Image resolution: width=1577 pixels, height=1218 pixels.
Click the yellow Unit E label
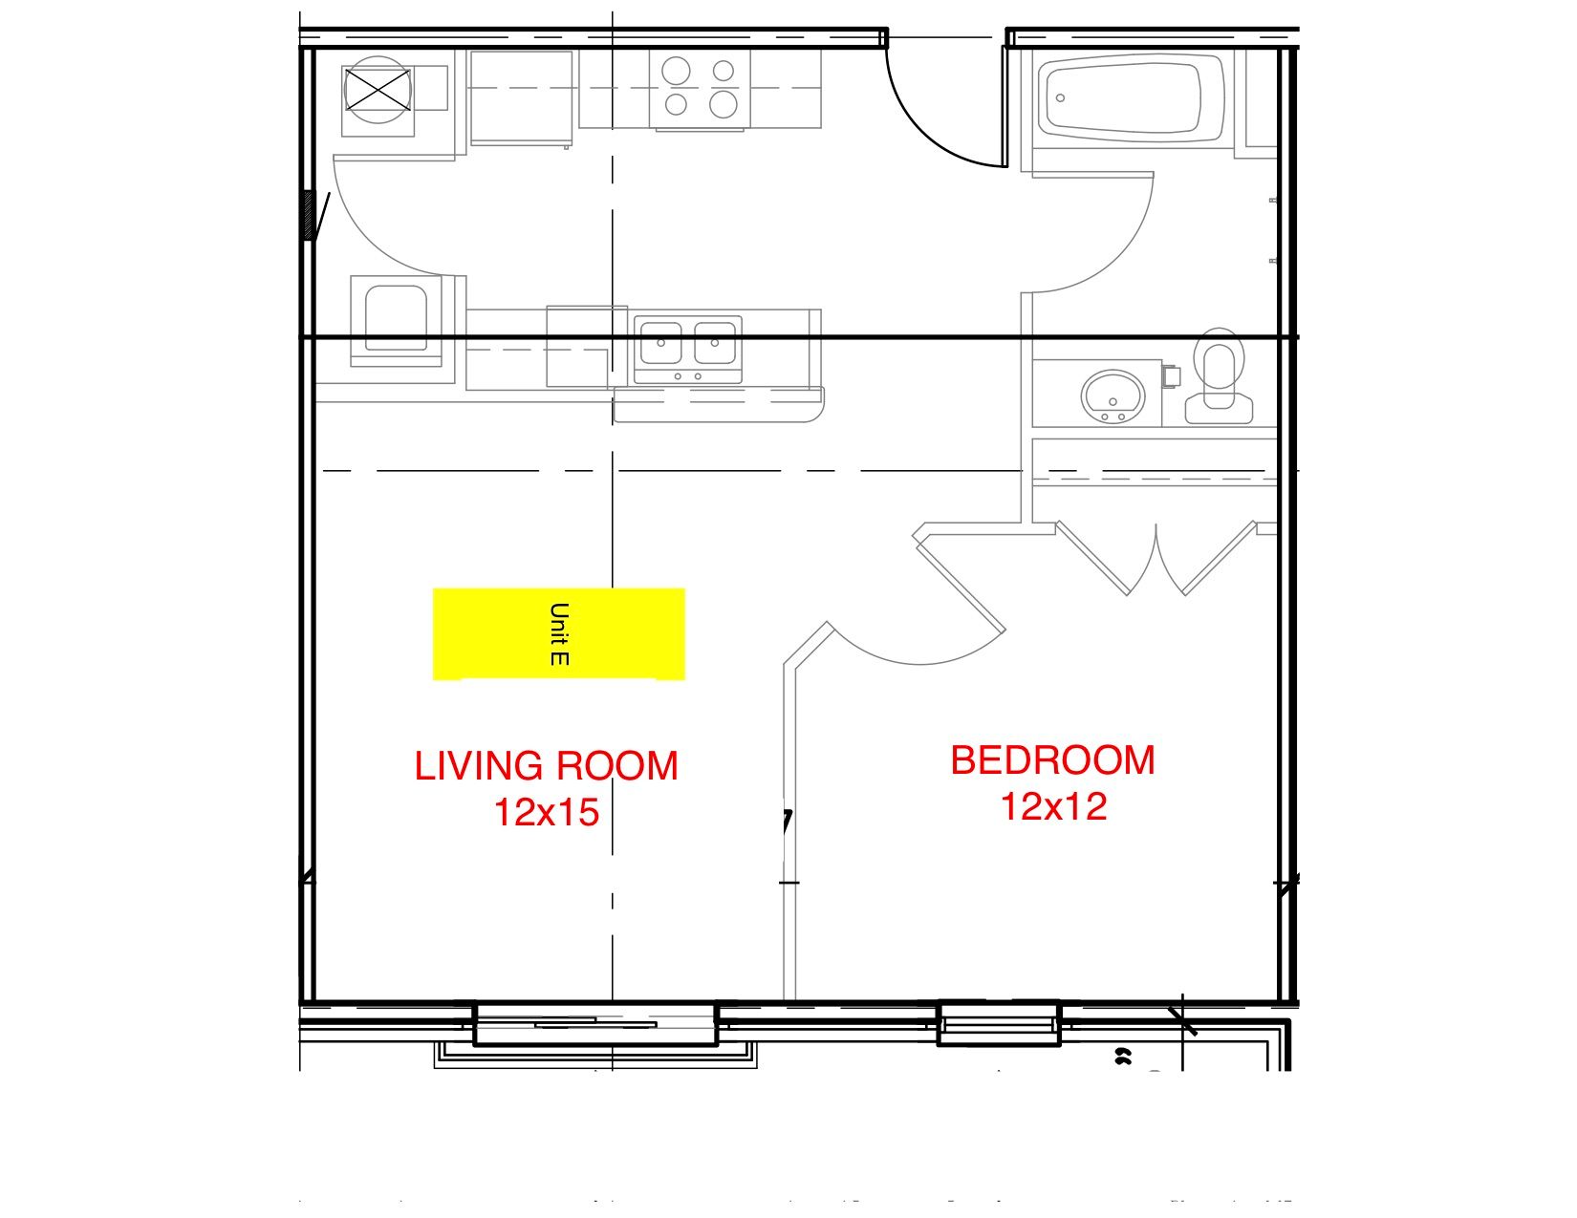point(559,634)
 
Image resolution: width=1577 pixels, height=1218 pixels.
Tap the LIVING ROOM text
point(546,766)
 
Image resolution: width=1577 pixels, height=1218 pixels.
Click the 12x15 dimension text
point(546,812)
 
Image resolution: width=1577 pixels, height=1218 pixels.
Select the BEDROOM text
point(1052,760)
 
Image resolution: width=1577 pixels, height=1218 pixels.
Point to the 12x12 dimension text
point(1052,806)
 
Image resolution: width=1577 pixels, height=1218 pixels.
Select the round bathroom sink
point(1113,394)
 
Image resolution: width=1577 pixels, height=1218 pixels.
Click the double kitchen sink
point(688,344)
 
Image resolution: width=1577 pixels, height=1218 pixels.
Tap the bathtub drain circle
point(1061,98)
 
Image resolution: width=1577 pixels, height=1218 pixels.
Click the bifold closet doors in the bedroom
point(1156,559)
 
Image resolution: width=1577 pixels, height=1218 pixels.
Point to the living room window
point(595,1025)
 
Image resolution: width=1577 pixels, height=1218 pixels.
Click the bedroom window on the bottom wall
point(999,1023)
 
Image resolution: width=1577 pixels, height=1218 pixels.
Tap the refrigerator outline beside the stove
point(521,97)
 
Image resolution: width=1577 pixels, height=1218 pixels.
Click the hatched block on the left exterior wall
point(308,215)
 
